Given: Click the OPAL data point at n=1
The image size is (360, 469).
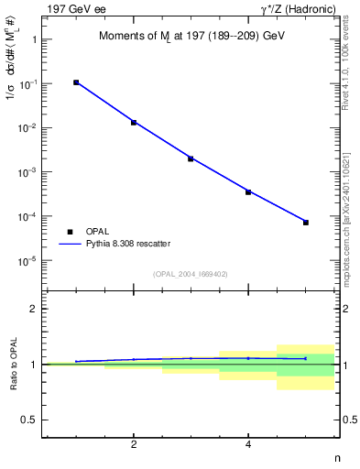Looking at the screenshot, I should click(76, 82).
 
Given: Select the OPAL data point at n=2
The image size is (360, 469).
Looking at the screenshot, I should click(134, 122).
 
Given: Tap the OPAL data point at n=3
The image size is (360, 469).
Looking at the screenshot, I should click(191, 158).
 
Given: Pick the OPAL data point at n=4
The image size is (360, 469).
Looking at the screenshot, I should click(248, 191).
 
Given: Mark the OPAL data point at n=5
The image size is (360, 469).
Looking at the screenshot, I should click(306, 223).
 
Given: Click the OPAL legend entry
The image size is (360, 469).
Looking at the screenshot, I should click(94, 232).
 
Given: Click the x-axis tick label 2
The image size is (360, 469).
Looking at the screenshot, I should click(134, 445).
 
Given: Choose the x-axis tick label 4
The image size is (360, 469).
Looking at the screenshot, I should click(248, 445).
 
